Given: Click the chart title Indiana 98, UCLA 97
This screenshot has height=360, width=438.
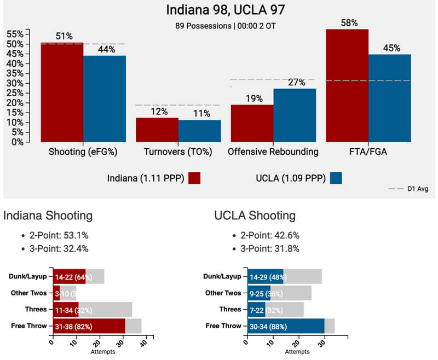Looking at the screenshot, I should click(219, 10).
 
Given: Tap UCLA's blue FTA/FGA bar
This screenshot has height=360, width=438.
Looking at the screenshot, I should click(389, 98).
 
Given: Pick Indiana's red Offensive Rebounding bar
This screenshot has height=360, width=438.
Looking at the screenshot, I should click(252, 123).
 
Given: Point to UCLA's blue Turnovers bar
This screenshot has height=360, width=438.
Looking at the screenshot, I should click(200, 131).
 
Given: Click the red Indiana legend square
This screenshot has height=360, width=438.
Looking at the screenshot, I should click(194, 178).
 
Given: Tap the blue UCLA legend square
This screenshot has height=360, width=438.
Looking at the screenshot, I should click(336, 178).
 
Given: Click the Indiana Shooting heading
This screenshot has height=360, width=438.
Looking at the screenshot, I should click(48, 216).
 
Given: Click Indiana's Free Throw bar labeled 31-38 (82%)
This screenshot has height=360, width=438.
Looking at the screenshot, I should click(89, 326).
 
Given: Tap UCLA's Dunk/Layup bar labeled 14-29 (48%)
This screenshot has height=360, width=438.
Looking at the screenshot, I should click(265, 277).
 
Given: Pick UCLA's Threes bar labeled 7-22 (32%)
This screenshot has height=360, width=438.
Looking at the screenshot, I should click(256, 310).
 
